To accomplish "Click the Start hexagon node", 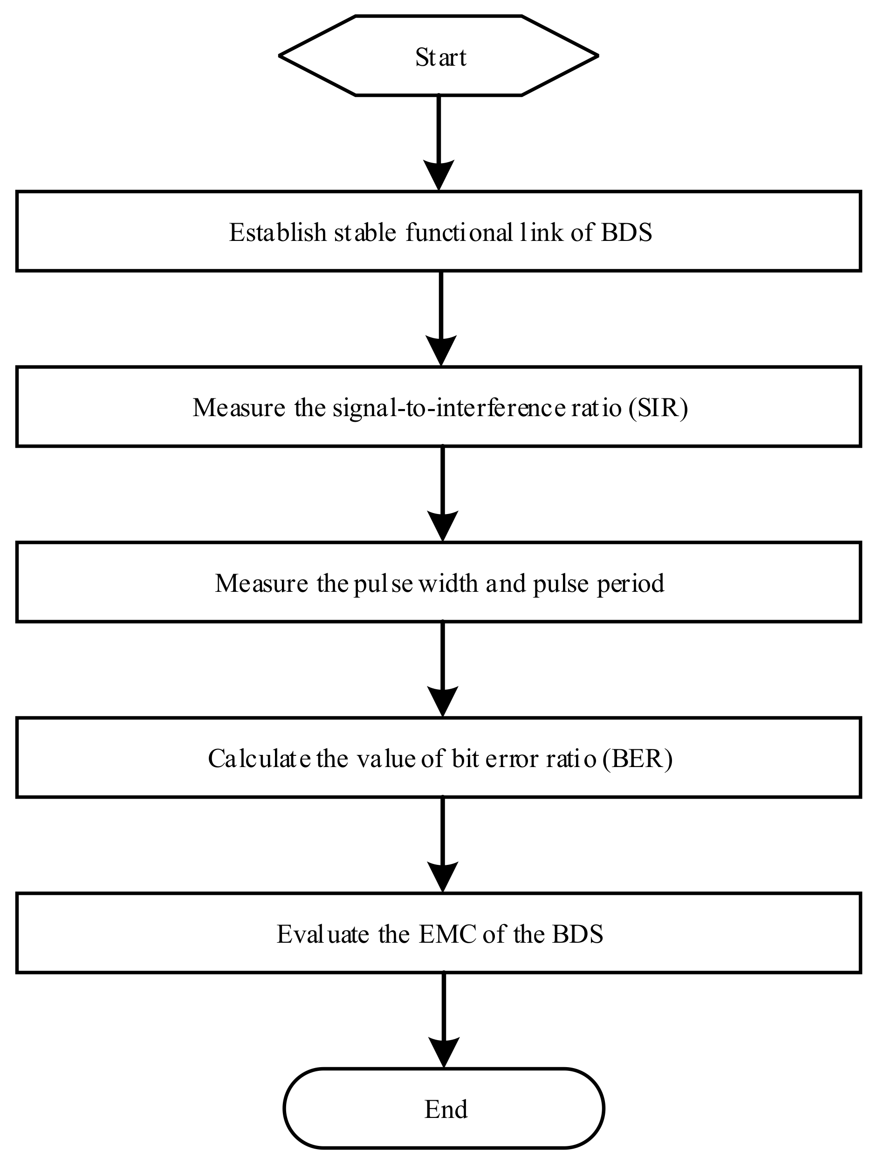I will [438, 56].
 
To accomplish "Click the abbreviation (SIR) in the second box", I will [658, 408].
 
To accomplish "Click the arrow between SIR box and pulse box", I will [442, 490].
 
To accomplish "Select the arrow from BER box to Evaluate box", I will [442, 841].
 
